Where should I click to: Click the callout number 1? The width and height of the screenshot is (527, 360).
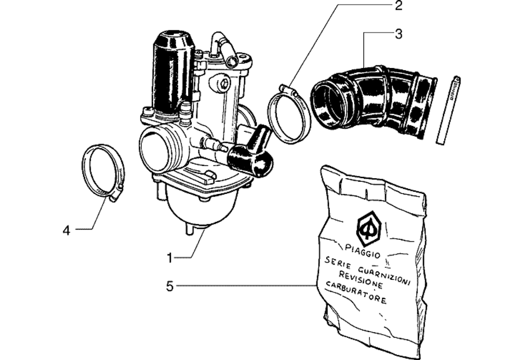[x=170, y=258]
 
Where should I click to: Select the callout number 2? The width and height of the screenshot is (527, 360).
[x=398, y=6]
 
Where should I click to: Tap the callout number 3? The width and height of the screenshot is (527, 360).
[x=398, y=34]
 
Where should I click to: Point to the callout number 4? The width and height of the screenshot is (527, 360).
[x=66, y=230]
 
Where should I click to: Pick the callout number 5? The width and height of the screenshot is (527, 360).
[x=170, y=286]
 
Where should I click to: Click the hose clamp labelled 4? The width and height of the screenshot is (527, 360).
[x=103, y=171]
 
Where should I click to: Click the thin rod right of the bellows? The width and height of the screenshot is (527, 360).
[x=448, y=111]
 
